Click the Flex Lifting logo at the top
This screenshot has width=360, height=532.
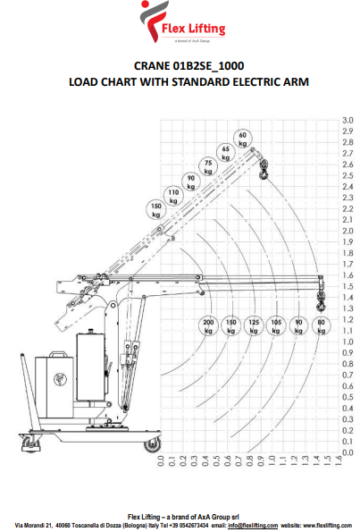click(183, 21)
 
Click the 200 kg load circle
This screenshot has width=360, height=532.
click(208, 326)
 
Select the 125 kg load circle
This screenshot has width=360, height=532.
click(254, 326)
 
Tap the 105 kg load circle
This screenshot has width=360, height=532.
click(276, 326)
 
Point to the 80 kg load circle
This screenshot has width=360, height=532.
click(322, 326)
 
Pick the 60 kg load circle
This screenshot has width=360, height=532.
click(243, 139)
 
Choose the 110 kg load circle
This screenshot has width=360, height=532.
click(173, 197)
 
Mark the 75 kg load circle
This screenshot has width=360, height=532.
click(208, 167)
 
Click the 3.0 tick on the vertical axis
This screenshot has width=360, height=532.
click(347, 121)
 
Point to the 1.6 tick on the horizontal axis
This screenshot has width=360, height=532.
click(339, 460)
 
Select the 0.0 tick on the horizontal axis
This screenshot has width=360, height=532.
click(161, 460)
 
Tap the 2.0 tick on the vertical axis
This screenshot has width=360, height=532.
click(347, 231)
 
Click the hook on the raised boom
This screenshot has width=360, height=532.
click(264, 170)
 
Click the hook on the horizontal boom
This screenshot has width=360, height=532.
click(321, 301)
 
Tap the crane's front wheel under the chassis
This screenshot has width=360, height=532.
click(152, 444)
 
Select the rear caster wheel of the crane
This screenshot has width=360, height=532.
click(31, 443)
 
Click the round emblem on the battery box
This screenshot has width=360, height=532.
click(61, 379)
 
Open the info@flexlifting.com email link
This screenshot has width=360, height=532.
click(253, 526)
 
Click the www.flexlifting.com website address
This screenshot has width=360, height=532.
click(328, 526)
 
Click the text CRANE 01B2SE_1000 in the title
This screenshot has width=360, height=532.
click(188, 66)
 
